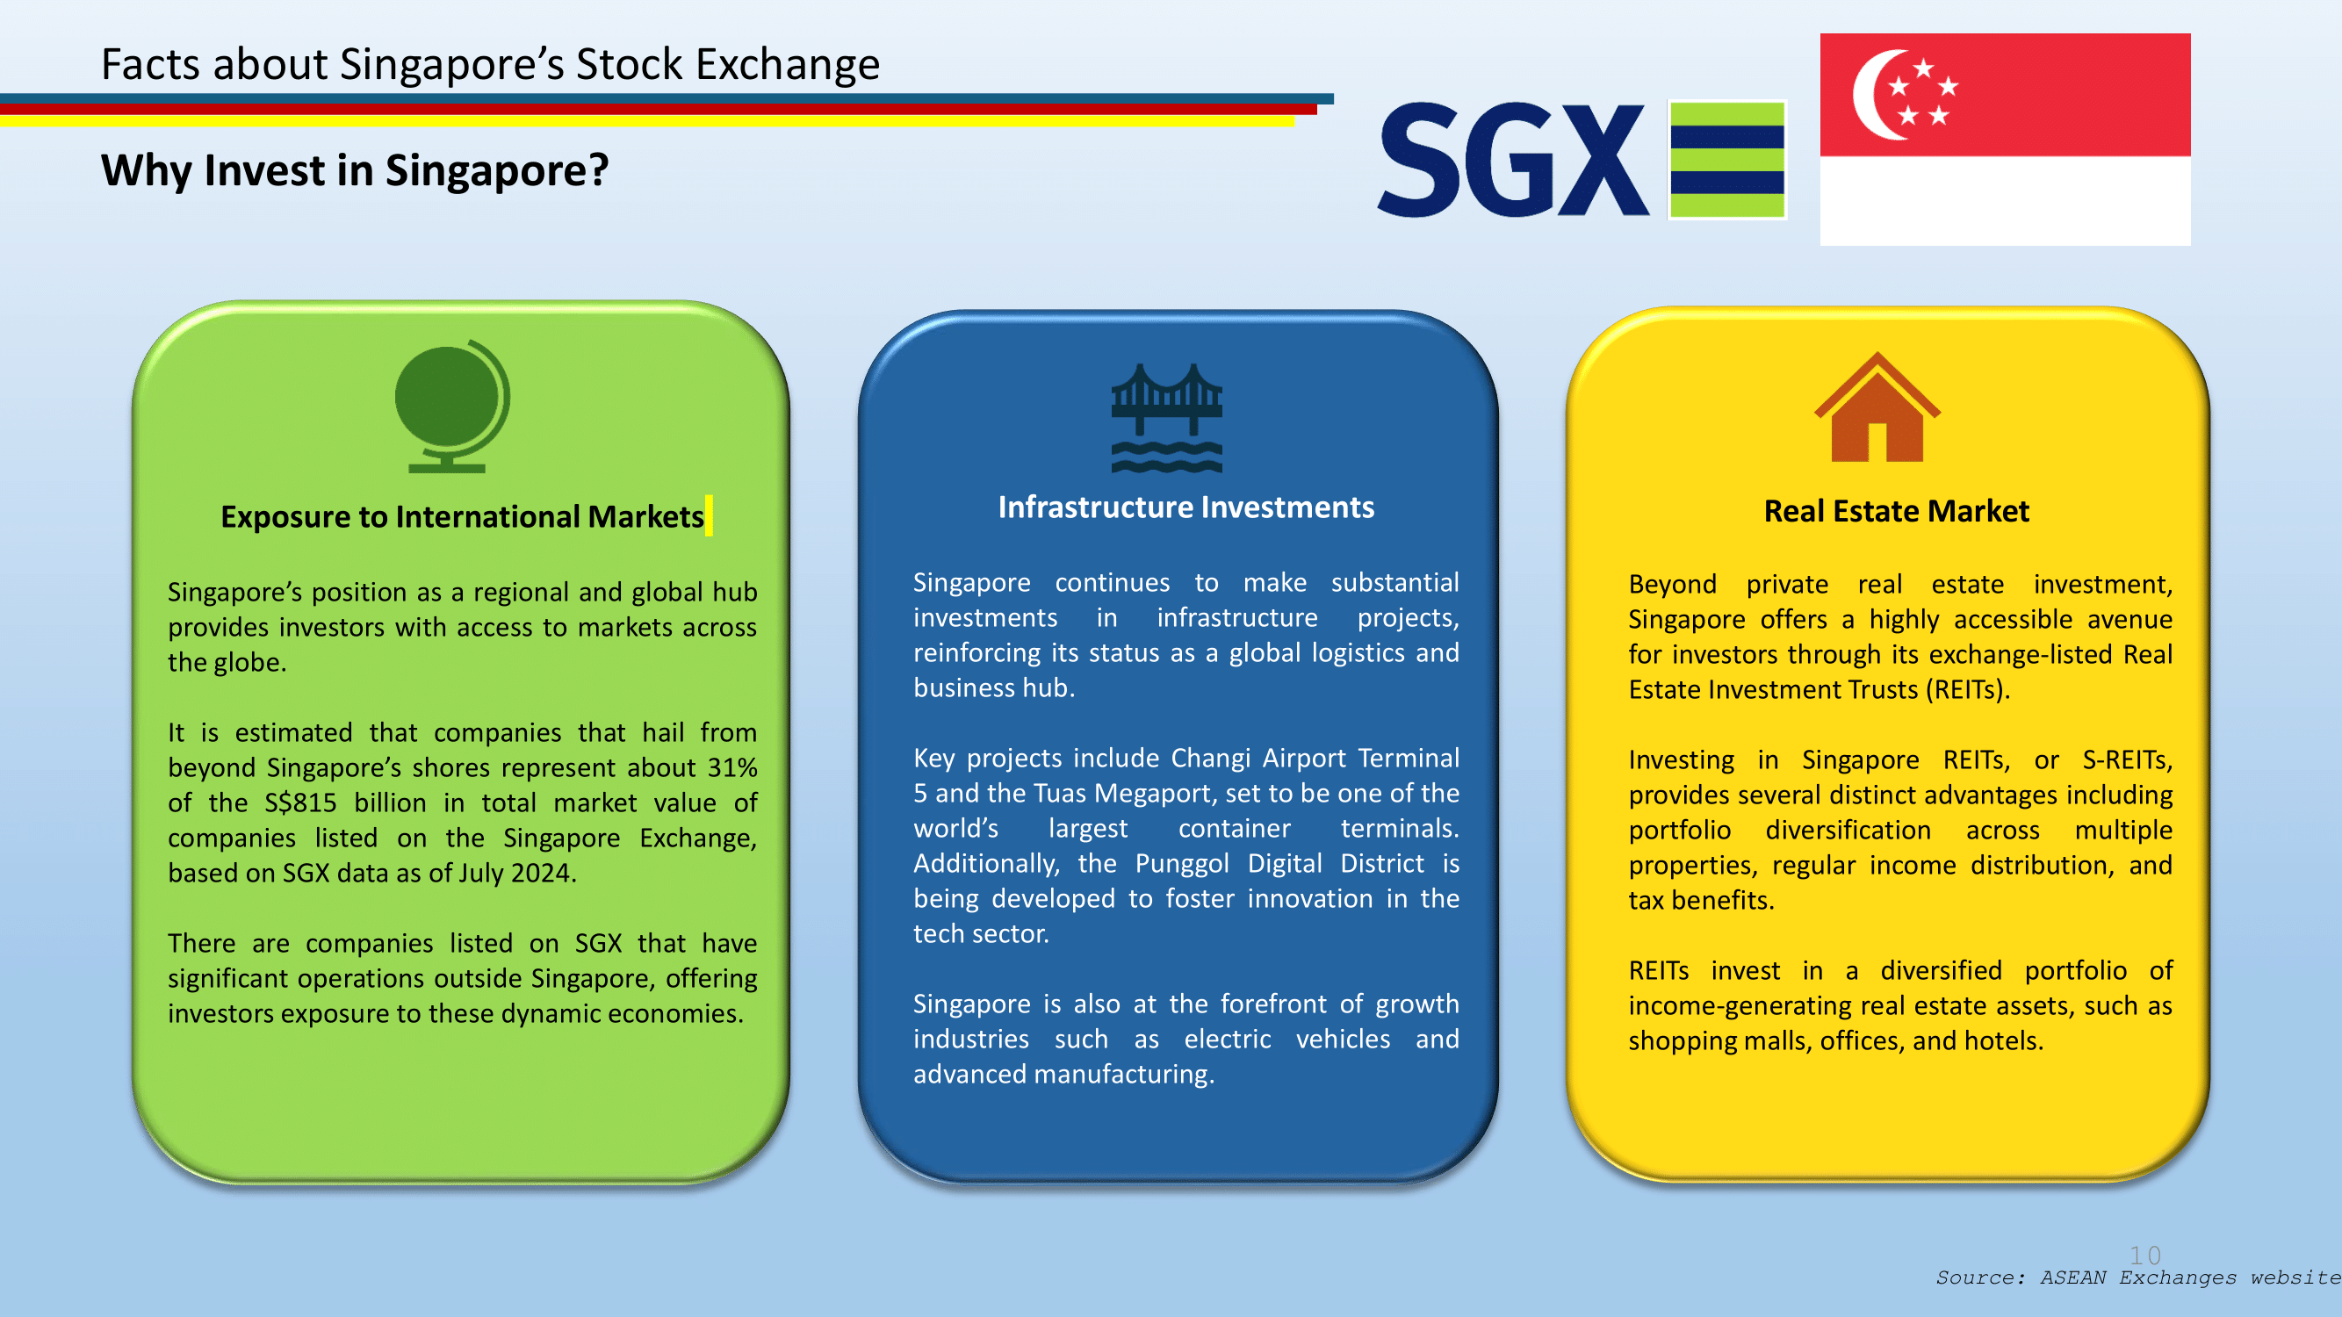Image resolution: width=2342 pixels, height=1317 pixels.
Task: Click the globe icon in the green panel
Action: pos(452,406)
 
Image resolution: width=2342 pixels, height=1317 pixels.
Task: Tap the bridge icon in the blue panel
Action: pos(1166,418)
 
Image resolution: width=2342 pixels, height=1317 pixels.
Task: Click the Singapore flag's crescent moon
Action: pos(1878,95)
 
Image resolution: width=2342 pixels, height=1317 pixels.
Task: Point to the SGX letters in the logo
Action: pos(1513,160)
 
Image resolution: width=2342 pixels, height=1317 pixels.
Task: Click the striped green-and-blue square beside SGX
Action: pos(1727,160)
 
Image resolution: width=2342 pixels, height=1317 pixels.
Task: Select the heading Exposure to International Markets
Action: pos(462,516)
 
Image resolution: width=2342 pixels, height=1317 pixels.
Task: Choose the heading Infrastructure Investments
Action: pos(1185,507)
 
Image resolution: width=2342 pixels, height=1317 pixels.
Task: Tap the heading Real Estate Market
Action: pos(1897,511)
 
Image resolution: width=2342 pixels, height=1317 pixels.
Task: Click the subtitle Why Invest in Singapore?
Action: pos(355,170)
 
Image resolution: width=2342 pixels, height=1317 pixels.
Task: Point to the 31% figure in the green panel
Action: pos(731,767)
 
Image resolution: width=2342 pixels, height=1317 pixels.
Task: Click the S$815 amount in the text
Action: pos(300,802)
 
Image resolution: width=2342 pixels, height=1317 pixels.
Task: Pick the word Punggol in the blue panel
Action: pos(1182,863)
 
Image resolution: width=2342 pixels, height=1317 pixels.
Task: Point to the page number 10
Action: pos(2144,1256)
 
